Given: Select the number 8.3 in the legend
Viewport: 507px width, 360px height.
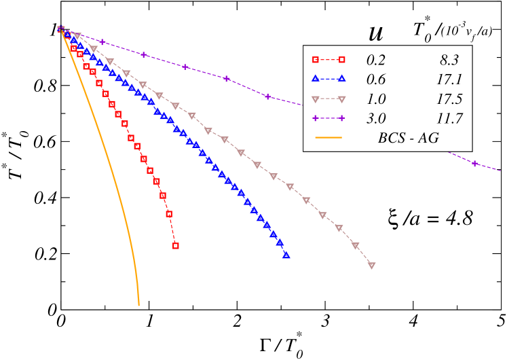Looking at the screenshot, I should pos(449,59).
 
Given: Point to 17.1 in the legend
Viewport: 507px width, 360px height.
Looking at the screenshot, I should pos(449,79).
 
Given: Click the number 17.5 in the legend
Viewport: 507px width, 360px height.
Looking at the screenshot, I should pos(449,98).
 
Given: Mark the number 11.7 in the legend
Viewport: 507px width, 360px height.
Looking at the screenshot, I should pos(449,118).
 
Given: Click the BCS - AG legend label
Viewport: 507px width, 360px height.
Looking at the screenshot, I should pos(408,138).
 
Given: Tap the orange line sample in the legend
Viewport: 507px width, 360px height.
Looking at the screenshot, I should pos(328,138).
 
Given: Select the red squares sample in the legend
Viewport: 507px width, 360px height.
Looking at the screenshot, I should pos(328,59).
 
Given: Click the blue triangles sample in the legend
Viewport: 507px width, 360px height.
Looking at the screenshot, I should pos(328,79).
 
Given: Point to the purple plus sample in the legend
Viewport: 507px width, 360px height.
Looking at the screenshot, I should pos(328,118).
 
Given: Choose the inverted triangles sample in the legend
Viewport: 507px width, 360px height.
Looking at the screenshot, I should pos(328,98).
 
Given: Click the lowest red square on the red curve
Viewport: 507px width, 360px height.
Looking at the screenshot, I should pos(176,246).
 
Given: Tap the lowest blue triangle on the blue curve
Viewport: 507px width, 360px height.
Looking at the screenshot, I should pos(286,255).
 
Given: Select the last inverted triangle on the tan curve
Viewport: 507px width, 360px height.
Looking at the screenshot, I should pos(372,266).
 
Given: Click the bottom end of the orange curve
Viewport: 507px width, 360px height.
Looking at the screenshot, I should pos(139,305).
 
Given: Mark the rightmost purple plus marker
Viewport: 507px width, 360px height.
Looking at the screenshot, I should pos(475,164).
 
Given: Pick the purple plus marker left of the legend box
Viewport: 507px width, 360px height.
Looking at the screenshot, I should pos(267,96).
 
